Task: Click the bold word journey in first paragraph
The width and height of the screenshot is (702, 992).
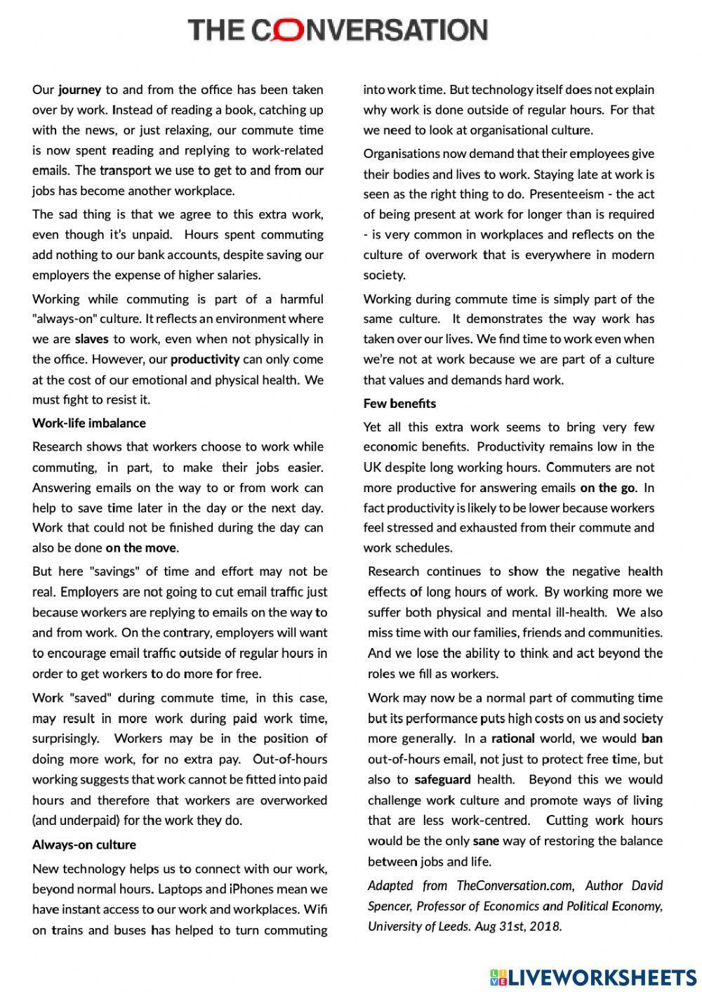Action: [x=79, y=90]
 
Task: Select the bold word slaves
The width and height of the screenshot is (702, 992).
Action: [x=92, y=339]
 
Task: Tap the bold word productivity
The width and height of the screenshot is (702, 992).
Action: [x=205, y=359]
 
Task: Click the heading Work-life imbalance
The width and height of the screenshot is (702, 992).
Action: [x=89, y=423]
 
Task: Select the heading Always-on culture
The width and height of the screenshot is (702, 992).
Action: [x=84, y=845]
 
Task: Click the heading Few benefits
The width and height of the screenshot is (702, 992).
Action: [x=399, y=403]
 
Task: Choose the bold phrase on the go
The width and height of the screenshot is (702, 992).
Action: [x=607, y=487]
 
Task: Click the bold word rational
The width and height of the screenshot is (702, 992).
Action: [x=512, y=739]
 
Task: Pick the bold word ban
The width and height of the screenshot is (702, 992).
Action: [x=651, y=739]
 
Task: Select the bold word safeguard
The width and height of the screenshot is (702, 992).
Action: [x=442, y=779]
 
